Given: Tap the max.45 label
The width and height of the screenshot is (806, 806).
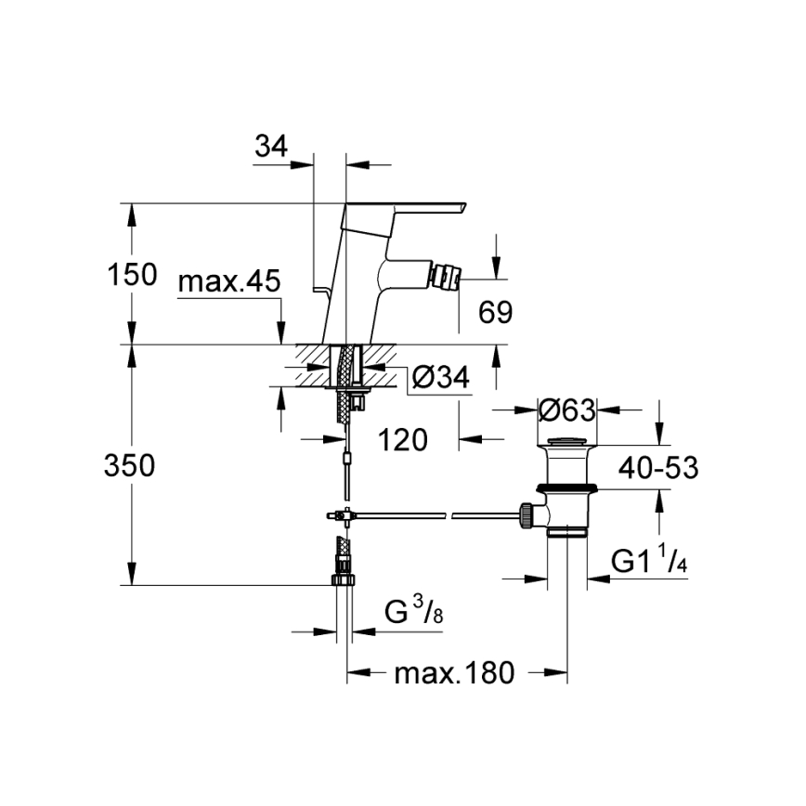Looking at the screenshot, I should click(227, 282).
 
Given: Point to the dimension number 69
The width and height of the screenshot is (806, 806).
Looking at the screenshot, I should click(495, 312).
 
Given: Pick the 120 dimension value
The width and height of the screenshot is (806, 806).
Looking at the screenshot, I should click(402, 440).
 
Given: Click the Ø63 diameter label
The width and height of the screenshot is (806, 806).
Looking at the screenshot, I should click(566, 409).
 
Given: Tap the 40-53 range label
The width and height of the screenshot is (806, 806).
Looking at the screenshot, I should click(660, 467).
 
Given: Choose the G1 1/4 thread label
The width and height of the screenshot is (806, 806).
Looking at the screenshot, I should click(648, 560).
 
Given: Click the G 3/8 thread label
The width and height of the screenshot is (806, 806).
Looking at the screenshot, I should click(409, 612).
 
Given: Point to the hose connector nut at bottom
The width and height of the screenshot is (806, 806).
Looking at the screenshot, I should click(342, 578).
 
